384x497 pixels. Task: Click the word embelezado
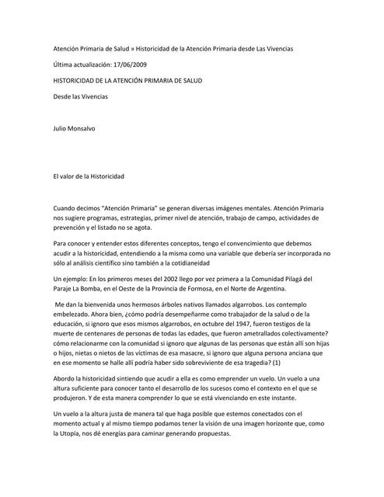coord(77,316)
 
